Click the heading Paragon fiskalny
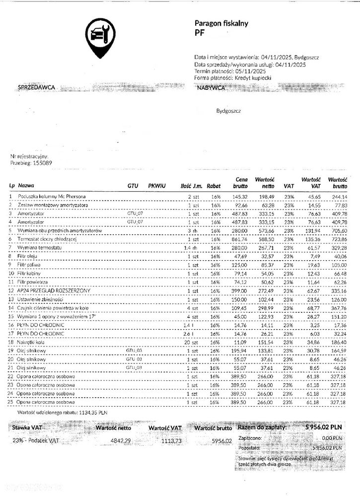click(x=221, y=23)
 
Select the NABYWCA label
click(x=211, y=87)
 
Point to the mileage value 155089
click(x=41, y=162)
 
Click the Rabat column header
click(x=214, y=185)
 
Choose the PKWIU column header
click(x=156, y=185)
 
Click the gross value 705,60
click(x=339, y=231)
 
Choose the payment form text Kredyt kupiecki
click(x=253, y=77)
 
